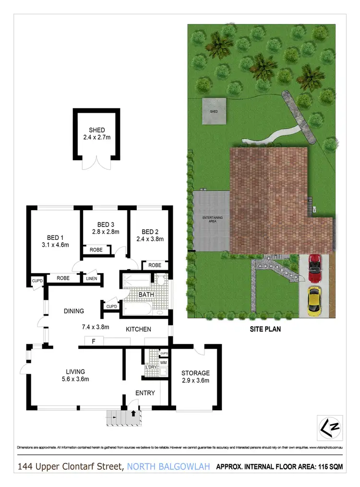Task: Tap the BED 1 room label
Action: coord(55,238)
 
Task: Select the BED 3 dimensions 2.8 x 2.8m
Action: coord(106,232)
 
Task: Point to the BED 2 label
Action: coord(150,231)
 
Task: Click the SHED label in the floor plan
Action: coord(96,130)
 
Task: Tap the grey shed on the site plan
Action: coord(214,111)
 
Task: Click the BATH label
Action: coord(145,294)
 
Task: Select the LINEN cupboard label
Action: coord(92,278)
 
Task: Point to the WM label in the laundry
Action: coord(163,363)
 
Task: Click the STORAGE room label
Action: coord(195,373)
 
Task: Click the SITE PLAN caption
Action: coord(264,329)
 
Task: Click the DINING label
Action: coord(74,311)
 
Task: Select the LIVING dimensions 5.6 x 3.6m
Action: coord(76,379)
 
